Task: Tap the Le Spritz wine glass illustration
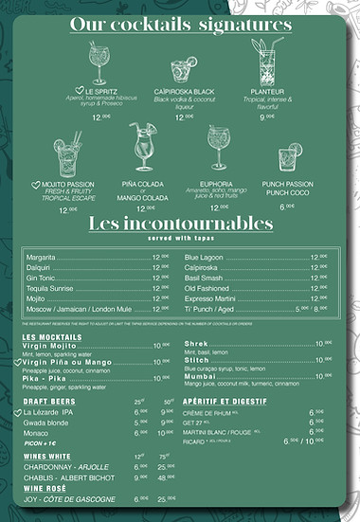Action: (x=98, y=64)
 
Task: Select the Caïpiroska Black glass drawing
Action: (x=182, y=69)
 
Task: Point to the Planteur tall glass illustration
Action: (x=265, y=62)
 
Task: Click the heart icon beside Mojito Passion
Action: (x=35, y=186)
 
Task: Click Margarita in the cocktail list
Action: (x=41, y=257)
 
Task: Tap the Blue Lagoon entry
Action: (x=204, y=257)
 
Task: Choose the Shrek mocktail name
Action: (x=196, y=344)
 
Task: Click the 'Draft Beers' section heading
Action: (x=48, y=402)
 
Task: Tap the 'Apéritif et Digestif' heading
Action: (x=224, y=402)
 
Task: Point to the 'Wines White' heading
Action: (x=48, y=457)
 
